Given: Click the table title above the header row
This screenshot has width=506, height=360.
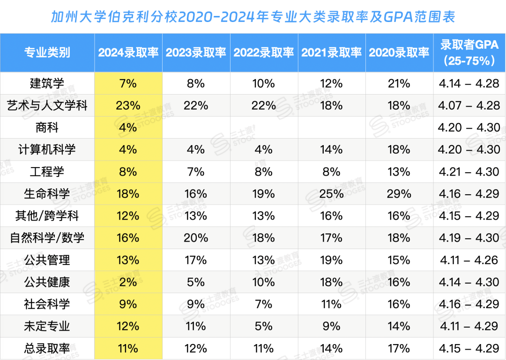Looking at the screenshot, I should (253, 17).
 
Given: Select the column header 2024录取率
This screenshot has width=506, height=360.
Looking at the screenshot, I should (128, 52).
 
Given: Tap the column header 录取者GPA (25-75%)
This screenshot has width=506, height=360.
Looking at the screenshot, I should (469, 52).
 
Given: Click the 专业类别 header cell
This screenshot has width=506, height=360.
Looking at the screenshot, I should (47, 52).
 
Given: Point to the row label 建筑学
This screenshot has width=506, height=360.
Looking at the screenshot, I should (47, 84).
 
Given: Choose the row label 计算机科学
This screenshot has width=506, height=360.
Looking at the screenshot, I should (47, 150).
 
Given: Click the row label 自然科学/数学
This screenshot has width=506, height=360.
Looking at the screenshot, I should (47, 238).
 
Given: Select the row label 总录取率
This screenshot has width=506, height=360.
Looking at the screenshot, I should (47, 349).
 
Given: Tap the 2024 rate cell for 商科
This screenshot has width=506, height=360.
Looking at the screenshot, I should (128, 128).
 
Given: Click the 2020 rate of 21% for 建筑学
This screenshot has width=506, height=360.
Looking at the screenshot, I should (399, 84).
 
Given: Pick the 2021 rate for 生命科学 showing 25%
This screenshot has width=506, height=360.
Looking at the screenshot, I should (332, 194).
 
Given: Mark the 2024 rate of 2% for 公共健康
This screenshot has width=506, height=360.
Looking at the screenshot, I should (128, 282).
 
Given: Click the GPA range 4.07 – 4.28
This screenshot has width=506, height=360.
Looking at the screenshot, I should (469, 106).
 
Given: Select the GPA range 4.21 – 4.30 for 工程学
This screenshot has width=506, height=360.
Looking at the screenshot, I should (469, 172).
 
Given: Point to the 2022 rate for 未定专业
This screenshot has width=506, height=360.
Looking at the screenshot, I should (264, 326).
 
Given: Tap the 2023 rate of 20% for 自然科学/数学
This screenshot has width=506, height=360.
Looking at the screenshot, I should (196, 238).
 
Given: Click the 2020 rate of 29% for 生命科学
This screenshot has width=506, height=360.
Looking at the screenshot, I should (399, 194).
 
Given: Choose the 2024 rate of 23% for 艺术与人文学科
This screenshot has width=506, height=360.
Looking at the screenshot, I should (128, 106).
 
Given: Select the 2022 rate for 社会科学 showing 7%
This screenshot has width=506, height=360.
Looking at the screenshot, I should (264, 304).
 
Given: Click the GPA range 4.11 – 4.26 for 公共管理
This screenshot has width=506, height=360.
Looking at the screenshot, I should (469, 260).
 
